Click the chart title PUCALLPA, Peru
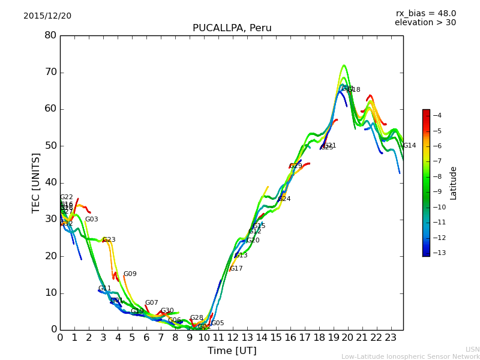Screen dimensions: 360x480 pos(232,28)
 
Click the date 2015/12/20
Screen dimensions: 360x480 pos(47,16)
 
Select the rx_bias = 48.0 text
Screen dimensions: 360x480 pos(425,14)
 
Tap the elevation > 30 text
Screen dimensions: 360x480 pos(425,23)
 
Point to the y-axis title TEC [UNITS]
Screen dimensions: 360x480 pos(36,182)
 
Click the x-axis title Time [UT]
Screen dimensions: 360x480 pos(232,351)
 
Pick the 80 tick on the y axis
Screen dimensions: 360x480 pos(50,35)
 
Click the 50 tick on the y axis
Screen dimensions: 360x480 pos(50,146)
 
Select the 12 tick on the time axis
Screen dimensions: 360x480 pos(233,338)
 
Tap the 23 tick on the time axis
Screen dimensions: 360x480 pos(391,338)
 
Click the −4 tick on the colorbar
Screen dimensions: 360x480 pos(437,115)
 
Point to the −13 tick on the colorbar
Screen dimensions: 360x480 pos(437,253)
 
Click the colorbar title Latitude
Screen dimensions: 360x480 pos(454,183)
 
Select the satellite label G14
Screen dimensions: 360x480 pos(409,146)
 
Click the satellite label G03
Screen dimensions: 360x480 pos(91,220)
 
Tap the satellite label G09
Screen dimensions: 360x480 pos(130,274)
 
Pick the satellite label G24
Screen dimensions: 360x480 pos(284,199)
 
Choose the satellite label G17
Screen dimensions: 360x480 pos(236,269)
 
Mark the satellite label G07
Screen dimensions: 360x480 pos(151,303)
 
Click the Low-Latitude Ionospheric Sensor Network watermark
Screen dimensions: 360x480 pos(410,357)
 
